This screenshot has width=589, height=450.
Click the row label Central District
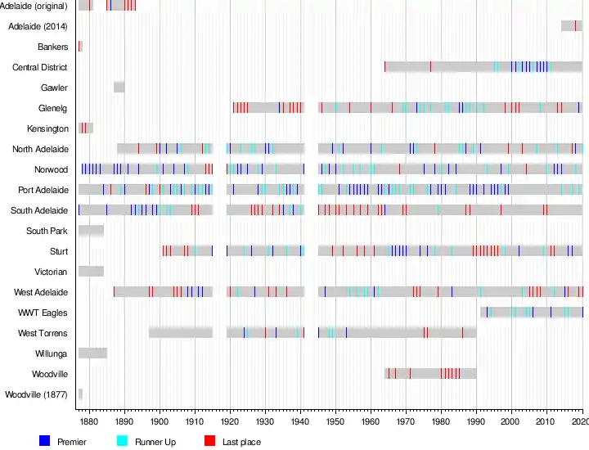(x=39, y=67)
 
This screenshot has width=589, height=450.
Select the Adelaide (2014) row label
(x=38, y=26)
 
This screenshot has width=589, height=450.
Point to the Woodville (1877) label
(x=36, y=394)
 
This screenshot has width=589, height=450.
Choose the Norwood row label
(x=52, y=169)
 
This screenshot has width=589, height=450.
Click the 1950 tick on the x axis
(x=335, y=421)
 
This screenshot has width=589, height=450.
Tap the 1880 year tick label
(x=89, y=421)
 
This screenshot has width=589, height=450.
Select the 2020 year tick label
(x=580, y=421)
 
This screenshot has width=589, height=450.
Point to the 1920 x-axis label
(x=230, y=421)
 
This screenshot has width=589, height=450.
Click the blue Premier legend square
(x=45, y=441)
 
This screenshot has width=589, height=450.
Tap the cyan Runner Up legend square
(x=123, y=441)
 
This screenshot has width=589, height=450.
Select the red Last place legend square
(x=209, y=441)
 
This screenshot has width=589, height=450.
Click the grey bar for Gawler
(x=119, y=87)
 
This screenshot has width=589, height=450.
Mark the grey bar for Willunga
(x=92, y=353)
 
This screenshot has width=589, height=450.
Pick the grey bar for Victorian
(x=91, y=272)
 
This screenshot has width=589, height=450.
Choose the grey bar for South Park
(x=91, y=231)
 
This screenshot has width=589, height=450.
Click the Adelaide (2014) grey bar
(x=572, y=25)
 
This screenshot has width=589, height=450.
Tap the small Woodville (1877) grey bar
(x=80, y=394)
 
